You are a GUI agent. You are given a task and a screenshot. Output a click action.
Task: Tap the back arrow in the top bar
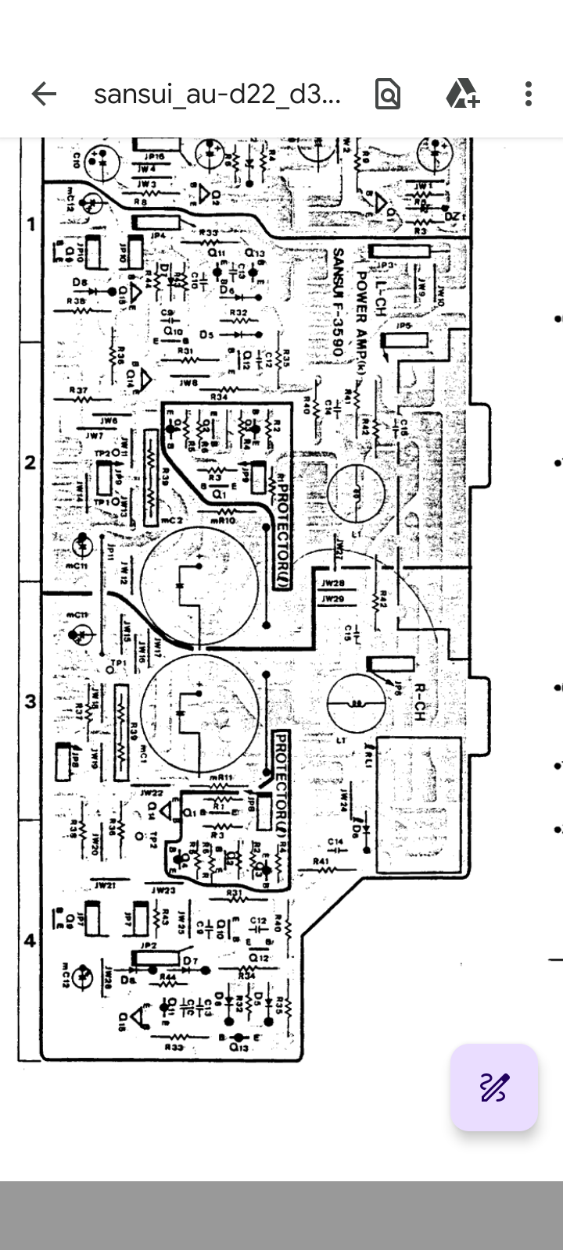pyautogui.click(x=44, y=95)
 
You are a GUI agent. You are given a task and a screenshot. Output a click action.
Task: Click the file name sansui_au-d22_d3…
pyautogui.click(x=217, y=95)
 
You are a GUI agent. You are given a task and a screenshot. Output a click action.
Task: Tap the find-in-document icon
pyautogui.click(x=388, y=95)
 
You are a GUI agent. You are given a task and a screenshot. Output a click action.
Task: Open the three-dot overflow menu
pyautogui.click(x=529, y=95)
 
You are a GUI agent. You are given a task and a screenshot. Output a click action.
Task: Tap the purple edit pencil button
pyautogui.click(x=493, y=1087)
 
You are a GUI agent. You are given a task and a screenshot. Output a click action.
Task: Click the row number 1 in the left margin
pyautogui.click(x=31, y=225)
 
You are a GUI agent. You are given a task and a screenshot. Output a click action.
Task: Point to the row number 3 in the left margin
pyautogui.click(x=31, y=701)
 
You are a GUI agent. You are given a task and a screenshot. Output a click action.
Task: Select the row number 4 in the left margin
pyautogui.click(x=30, y=940)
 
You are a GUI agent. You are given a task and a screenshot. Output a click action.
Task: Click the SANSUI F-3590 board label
pyautogui.click(x=338, y=303)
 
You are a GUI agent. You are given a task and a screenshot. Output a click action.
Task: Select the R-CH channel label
pyautogui.click(x=419, y=702)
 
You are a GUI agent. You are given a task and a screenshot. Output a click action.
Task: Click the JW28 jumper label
pyautogui.click(x=333, y=584)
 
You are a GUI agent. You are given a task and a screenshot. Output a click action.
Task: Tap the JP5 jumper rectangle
pyautogui.click(x=404, y=341)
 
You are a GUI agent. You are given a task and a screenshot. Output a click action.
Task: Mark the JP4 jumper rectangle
pyautogui.click(x=154, y=223)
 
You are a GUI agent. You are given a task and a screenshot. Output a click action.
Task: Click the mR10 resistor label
pyautogui.click(x=224, y=520)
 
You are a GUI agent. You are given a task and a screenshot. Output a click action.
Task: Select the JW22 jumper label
pyautogui.click(x=152, y=792)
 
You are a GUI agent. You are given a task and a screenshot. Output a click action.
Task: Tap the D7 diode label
pyautogui.click(x=191, y=959)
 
